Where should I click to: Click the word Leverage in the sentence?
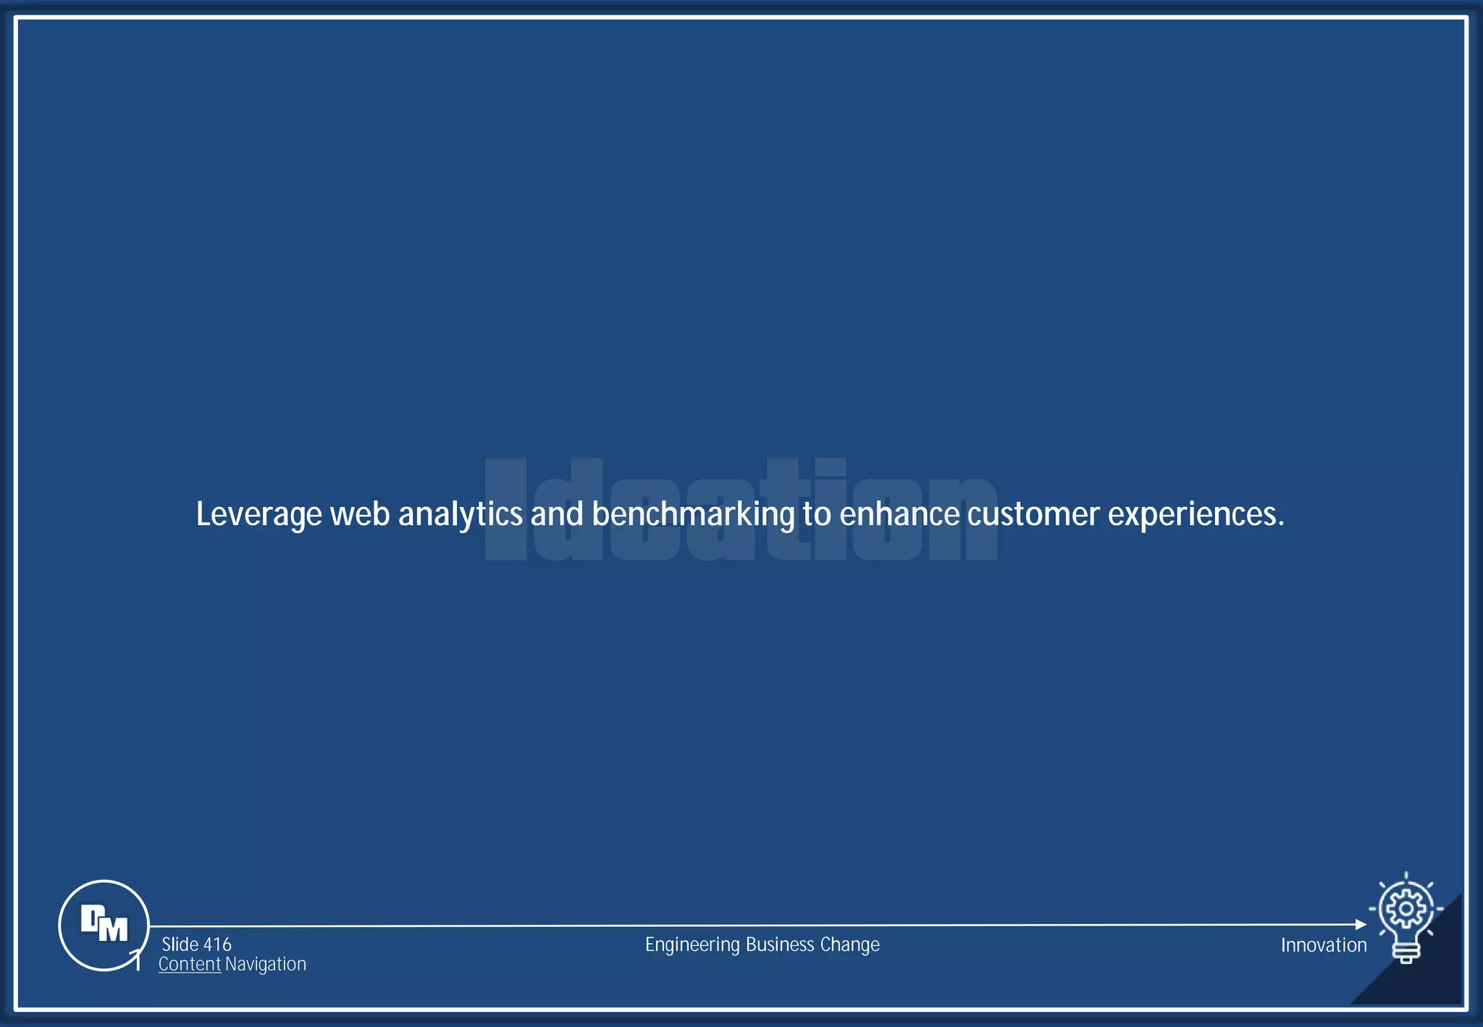point(259,515)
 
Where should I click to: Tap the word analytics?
point(460,515)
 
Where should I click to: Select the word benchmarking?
point(693,515)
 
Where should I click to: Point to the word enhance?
point(899,515)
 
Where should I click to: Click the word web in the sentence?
point(360,515)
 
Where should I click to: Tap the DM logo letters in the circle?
point(104,924)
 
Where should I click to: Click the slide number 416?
point(217,944)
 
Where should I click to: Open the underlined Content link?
point(190,965)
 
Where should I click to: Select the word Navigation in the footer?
point(265,965)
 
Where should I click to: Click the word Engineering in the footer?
point(692,945)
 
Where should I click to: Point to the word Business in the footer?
point(780,945)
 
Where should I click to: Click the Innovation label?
point(1323,945)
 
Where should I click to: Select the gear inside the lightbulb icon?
point(1406,908)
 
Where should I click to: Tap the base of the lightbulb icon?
point(1406,955)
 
